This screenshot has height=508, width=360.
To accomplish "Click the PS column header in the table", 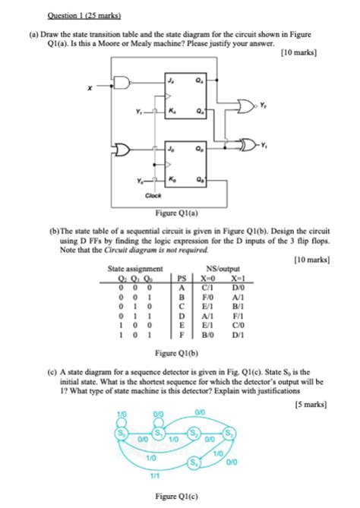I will tap(180, 277).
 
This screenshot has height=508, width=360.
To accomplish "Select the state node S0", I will tap(119, 434).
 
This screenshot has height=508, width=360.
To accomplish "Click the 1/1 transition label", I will tap(156, 476).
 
